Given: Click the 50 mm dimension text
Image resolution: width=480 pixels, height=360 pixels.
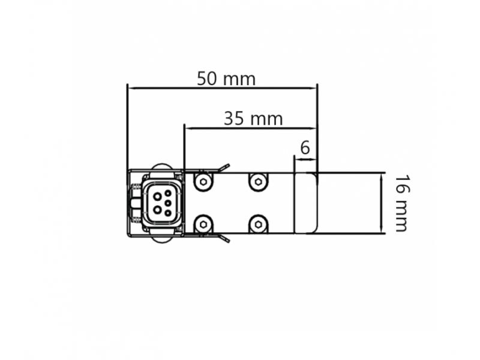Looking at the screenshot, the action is pyautogui.click(x=226, y=79).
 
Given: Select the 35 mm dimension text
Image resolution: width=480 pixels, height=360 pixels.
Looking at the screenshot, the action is pyautogui.click(x=253, y=118).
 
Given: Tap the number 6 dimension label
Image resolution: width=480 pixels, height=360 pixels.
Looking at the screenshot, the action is pyautogui.click(x=305, y=148).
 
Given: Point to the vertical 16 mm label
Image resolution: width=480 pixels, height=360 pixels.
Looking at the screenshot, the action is pyautogui.click(x=401, y=203).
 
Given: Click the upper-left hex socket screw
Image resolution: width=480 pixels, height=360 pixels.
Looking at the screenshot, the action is pyautogui.click(x=203, y=182).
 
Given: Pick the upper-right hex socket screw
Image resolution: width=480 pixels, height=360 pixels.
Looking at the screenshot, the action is pyautogui.click(x=258, y=182).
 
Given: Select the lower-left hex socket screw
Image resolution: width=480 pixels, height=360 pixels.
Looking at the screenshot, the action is pyautogui.click(x=203, y=224).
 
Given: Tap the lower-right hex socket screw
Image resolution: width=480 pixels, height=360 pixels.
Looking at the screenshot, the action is pyautogui.click(x=258, y=224).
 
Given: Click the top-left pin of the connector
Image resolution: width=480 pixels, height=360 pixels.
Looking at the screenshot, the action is pyautogui.click(x=158, y=197).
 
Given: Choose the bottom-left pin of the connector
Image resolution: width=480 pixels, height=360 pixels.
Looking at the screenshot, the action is pyautogui.click(x=158, y=209).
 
